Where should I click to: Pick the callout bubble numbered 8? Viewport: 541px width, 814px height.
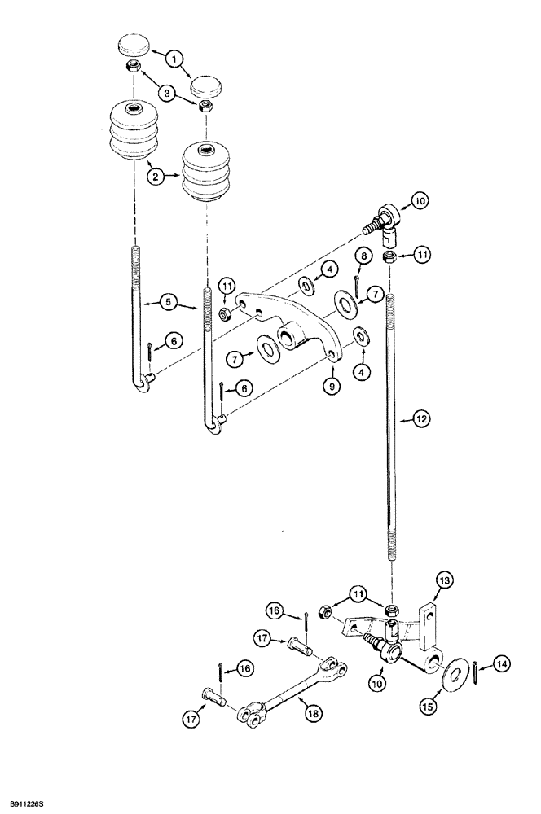pyautogui.click(x=363, y=258)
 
